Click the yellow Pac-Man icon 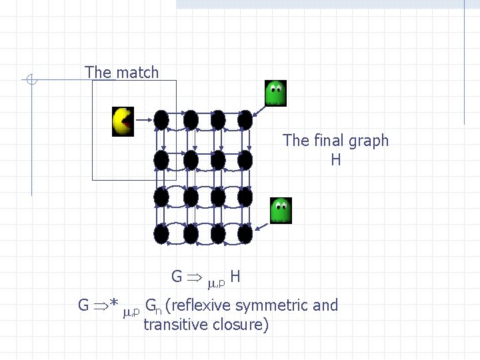coord(123,121)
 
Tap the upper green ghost coord(275,93)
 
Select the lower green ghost coord(281,211)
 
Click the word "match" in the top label coord(137,73)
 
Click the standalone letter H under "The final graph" coord(335,160)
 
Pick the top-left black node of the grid coord(161,120)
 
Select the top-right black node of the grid coord(245,120)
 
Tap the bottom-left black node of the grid coord(161,234)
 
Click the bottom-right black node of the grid coord(245,234)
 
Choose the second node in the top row coord(190,120)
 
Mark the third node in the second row coord(217,159)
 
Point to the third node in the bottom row coord(217,234)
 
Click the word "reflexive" coord(203,305)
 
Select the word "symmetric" coord(274,305)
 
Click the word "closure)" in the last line coord(242,325)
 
